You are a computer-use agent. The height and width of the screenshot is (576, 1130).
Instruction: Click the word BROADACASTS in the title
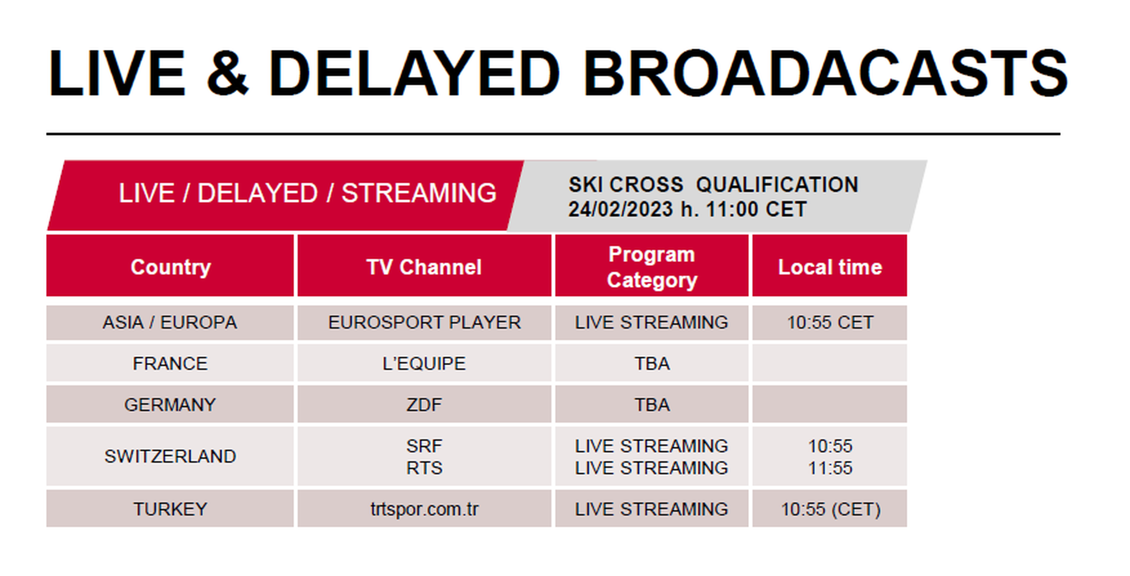point(826,73)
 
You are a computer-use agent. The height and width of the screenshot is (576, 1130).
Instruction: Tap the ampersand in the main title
point(228,73)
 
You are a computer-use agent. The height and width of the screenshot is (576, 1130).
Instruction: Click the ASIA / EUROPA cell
point(170,323)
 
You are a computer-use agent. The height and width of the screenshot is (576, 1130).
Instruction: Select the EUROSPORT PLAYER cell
point(424,323)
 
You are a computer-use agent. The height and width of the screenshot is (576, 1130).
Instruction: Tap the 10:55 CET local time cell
point(830,323)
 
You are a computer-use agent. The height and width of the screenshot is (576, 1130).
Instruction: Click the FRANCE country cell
point(170,363)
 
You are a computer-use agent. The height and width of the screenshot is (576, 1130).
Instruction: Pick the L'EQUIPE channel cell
point(424,363)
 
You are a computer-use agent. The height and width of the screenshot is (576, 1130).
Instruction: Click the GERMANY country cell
point(170,405)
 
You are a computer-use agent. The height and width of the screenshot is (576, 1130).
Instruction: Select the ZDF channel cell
point(424,405)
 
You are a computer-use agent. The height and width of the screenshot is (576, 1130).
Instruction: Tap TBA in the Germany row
point(652,405)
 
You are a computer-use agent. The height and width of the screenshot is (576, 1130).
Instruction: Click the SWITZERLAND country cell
point(170,456)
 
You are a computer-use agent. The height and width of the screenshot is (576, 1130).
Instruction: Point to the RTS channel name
point(424,468)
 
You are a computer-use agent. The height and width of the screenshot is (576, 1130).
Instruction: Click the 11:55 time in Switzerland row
point(830,468)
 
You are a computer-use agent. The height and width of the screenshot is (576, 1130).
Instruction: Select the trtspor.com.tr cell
point(424,509)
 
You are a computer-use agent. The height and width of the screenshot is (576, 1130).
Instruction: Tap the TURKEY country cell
point(170,509)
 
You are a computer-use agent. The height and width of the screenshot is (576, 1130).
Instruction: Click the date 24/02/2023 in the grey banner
point(620,209)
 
